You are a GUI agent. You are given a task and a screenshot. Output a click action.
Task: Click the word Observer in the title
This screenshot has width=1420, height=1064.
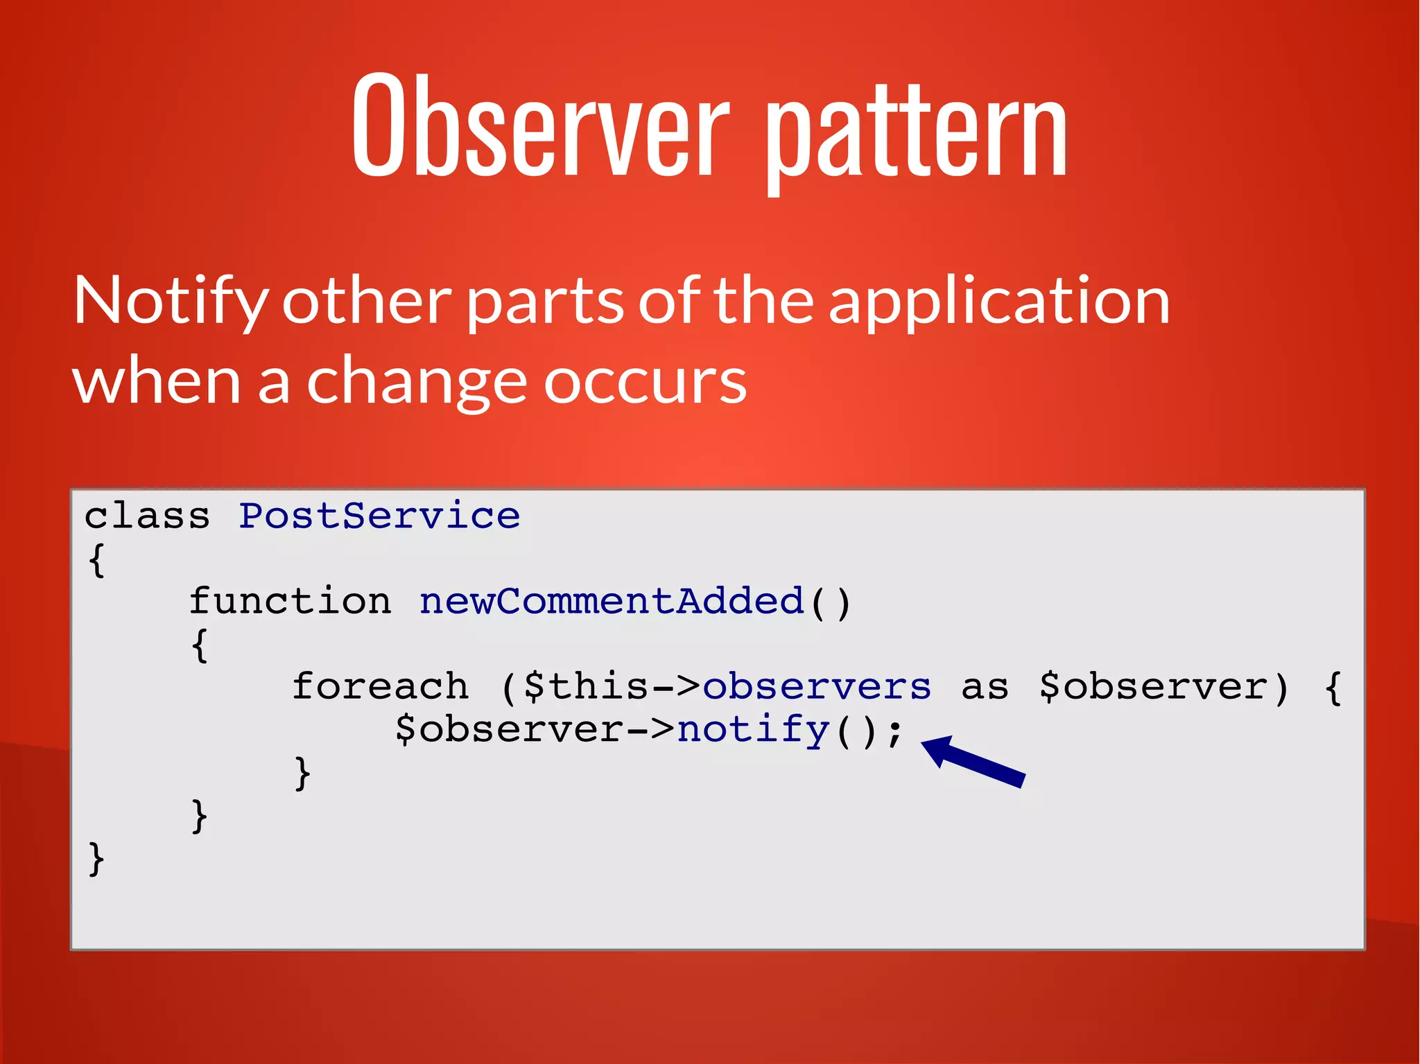pos(541,125)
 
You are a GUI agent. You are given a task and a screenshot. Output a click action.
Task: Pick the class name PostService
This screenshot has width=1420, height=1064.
pos(379,516)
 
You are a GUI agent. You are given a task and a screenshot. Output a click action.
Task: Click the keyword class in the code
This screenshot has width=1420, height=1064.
pos(147,516)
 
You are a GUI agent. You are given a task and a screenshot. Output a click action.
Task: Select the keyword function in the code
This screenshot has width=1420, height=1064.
pos(290,601)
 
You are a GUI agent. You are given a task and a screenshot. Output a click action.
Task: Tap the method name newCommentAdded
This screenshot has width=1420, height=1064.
pos(611,601)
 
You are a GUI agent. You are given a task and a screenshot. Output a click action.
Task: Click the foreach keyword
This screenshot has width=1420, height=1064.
pos(380,686)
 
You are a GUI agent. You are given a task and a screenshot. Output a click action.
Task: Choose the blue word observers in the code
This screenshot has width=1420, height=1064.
pos(817,686)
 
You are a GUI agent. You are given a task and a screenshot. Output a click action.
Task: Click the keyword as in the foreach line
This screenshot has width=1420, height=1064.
pos(985,686)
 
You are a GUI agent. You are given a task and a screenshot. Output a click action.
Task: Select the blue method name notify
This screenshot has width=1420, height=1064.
pos(753,729)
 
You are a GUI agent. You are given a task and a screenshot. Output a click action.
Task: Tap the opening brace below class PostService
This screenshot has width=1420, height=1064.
pos(97,560)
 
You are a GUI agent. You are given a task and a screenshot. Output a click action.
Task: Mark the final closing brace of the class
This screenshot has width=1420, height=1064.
pos(97,860)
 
